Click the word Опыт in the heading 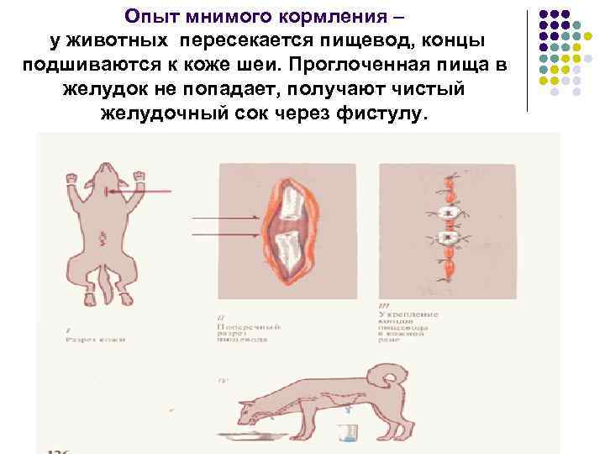point(149,16)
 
